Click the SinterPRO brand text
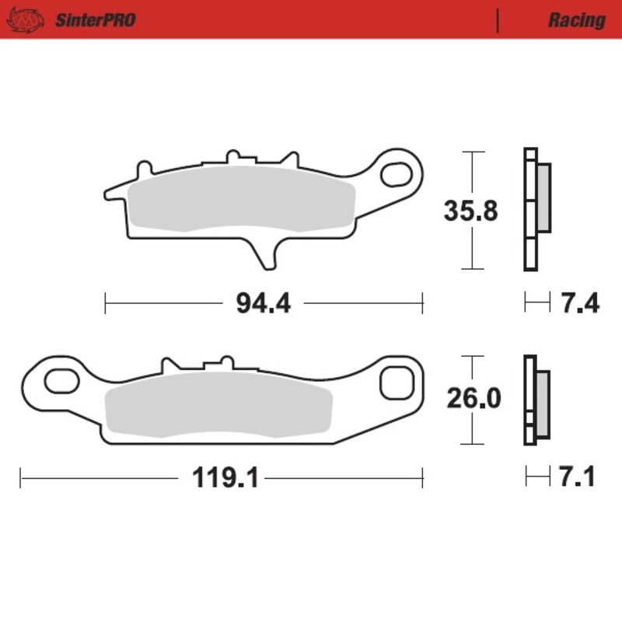[95, 19]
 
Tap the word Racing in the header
[576, 20]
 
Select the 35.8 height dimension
[470, 211]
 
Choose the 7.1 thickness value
[576, 477]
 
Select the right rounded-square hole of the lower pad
[397, 383]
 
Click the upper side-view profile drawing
[535, 208]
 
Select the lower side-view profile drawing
[535, 400]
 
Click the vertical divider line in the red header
[497, 19]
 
